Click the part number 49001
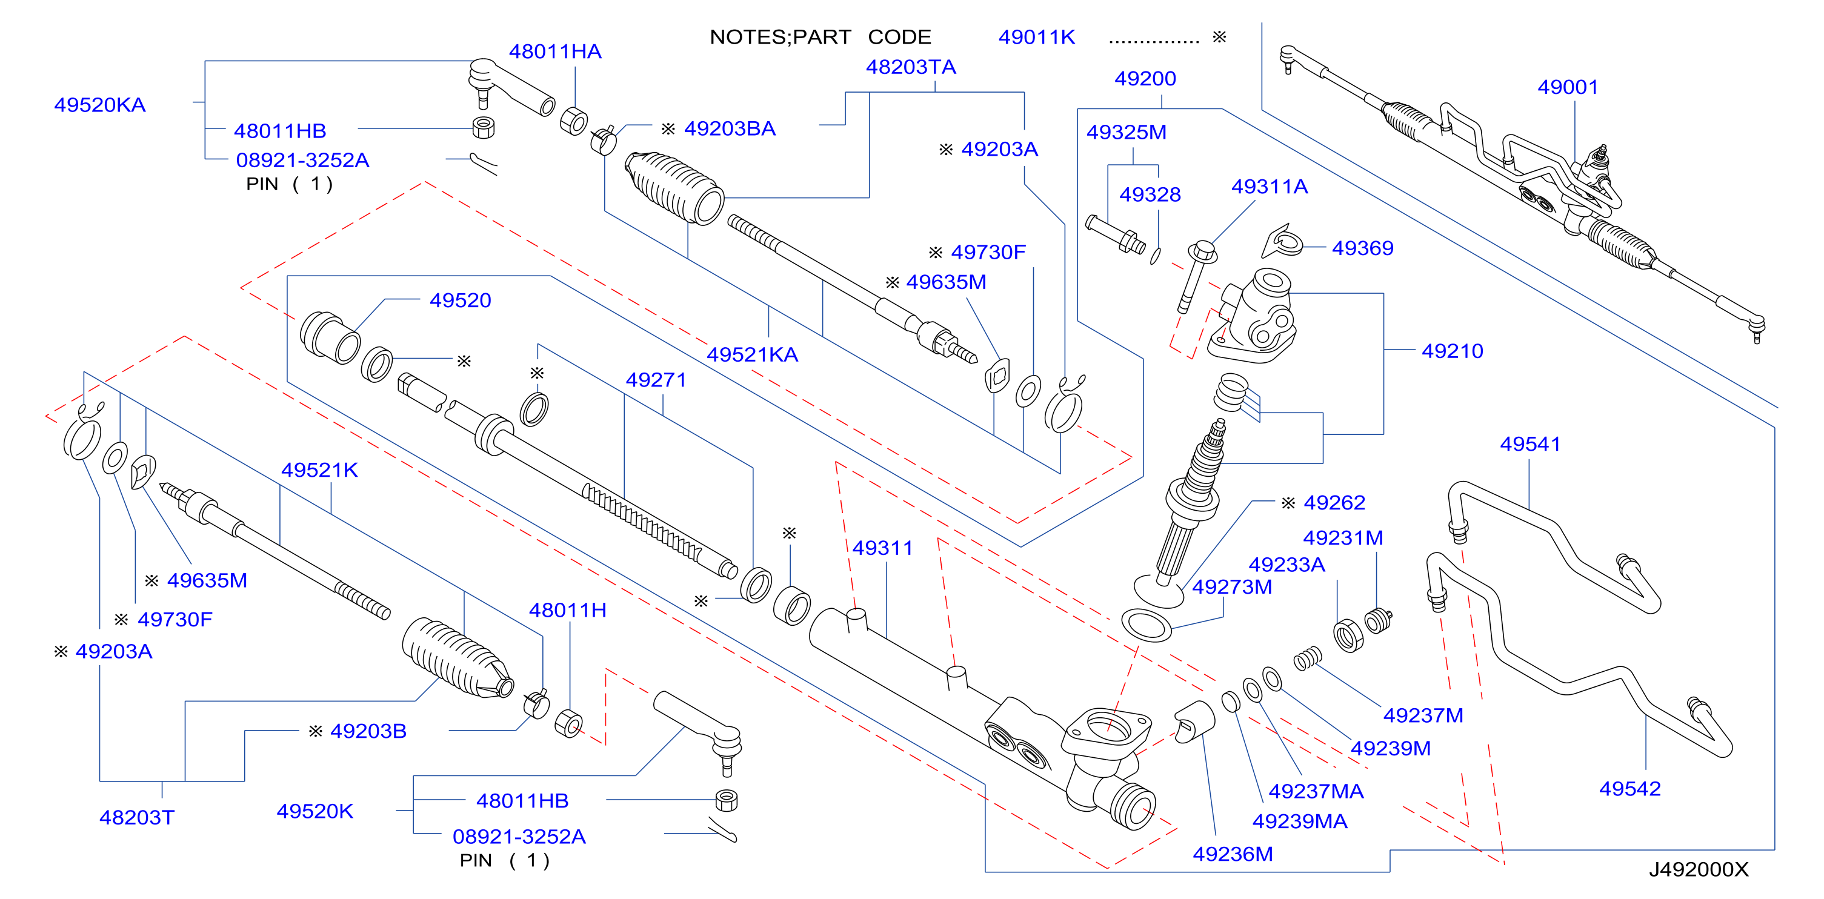(1567, 87)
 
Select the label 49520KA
(100, 105)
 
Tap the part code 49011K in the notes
(1037, 37)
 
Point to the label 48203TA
(911, 67)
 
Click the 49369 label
(1362, 248)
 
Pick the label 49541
(1530, 444)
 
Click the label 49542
(1629, 789)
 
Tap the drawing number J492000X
(1699, 869)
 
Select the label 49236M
(1233, 854)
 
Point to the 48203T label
(137, 818)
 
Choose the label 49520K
(315, 811)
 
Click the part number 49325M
(1126, 133)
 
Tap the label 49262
(1334, 503)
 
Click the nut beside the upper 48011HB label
(483, 127)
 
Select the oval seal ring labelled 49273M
(1147, 625)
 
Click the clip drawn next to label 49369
(1283, 241)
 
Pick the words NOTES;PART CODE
(820, 37)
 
